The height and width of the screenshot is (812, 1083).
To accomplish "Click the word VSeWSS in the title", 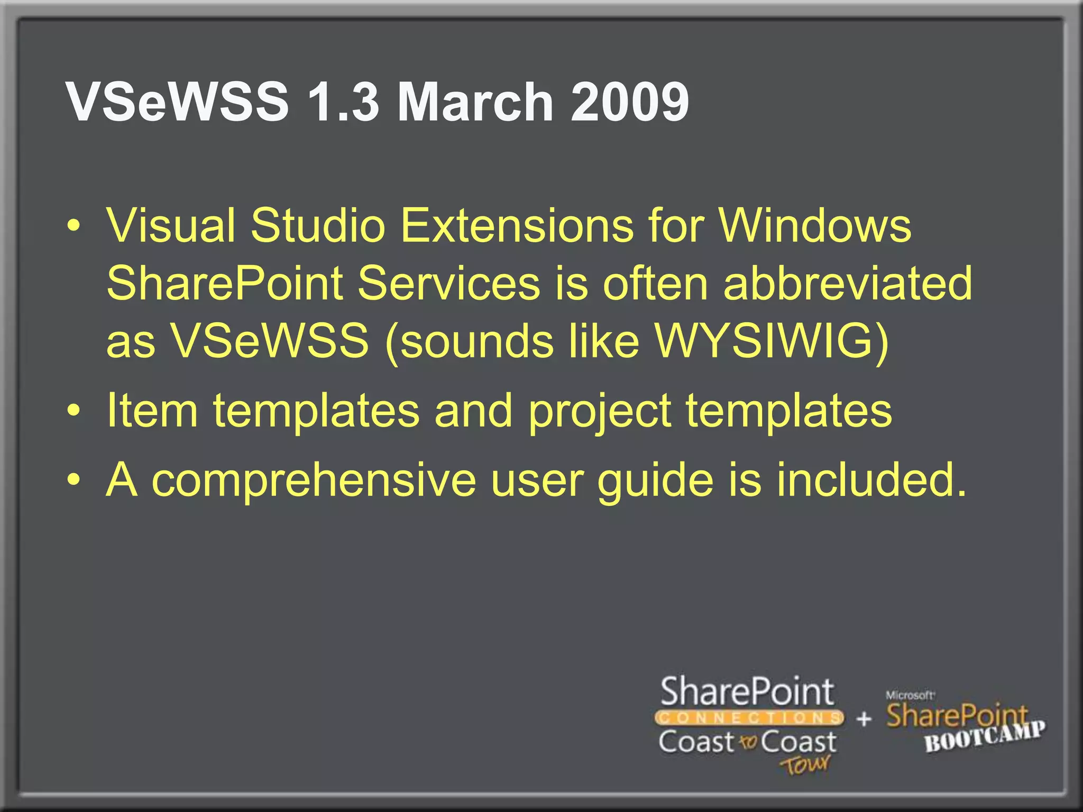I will [178, 101].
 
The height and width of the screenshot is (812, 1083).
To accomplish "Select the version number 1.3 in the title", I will [343, 101].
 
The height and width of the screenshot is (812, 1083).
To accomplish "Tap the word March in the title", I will [475, 101].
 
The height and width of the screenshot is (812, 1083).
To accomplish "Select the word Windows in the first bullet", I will [814, 226].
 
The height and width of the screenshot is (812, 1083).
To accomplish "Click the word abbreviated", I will [847, 283].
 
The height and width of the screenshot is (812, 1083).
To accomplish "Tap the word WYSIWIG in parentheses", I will [764, 342].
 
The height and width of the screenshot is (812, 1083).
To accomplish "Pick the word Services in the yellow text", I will [448, 283].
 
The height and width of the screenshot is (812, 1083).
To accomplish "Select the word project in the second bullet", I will [600, 411].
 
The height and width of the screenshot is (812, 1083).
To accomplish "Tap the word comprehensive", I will [314, 480].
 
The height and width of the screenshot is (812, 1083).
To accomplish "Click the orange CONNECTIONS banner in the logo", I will [749, 718].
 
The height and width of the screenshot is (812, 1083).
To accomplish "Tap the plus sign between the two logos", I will [864, 719].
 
